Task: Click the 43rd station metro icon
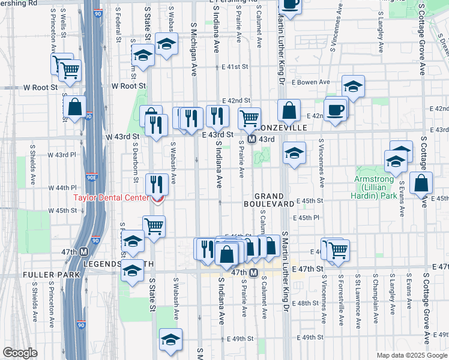coord(252,139)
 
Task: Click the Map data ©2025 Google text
coord(411,355)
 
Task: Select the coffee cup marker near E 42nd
coord(335,110)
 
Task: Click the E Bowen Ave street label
coord(311,82)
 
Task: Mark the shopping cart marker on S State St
coord(154,227)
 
